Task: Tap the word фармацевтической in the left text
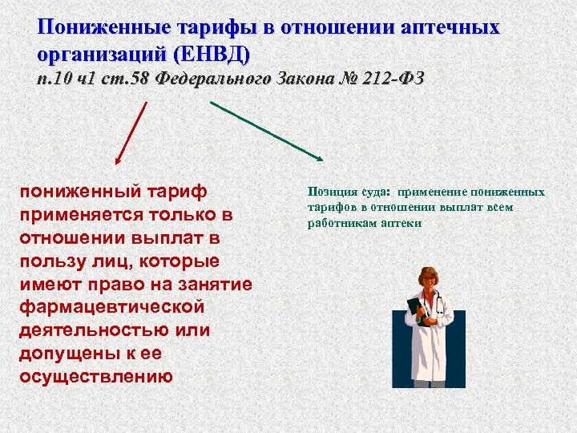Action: [111, 307]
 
